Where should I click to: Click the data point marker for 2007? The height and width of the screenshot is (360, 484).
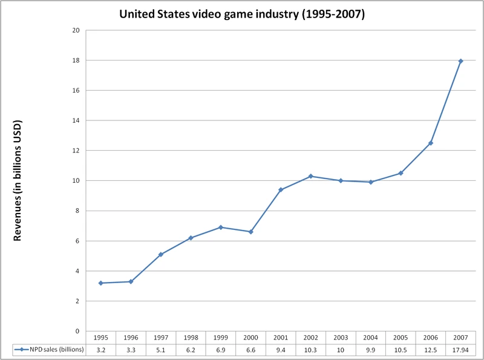(x=460, y=61)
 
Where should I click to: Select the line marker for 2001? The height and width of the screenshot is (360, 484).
(x=281, y=190)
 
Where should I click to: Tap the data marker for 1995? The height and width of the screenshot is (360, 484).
(x=101, y=283)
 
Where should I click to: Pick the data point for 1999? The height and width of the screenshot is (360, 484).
(x=221, y=227)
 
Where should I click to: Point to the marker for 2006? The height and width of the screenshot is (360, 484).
(x=431, y=143)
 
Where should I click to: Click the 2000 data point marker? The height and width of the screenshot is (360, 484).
(x=251, y=232)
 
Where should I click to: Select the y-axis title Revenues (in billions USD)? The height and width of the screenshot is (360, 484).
(x=18, y=180)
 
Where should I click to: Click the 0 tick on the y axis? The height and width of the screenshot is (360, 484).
(x=77, y=331)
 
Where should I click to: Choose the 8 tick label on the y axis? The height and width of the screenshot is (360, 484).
(x=77, y=211)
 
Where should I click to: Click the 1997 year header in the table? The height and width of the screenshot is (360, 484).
(x=161, y=338)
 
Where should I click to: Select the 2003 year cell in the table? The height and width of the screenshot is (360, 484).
(x=341, y=338)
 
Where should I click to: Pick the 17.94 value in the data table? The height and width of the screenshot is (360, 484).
(x=460, y=349)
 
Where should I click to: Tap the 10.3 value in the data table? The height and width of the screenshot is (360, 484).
(x=311, y=349)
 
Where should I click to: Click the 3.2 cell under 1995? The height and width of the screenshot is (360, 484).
(x=101, y=349)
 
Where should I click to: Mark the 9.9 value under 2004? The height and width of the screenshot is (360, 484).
(x=371, y=349)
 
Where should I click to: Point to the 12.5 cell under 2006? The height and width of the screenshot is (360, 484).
(x=431, y=349)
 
